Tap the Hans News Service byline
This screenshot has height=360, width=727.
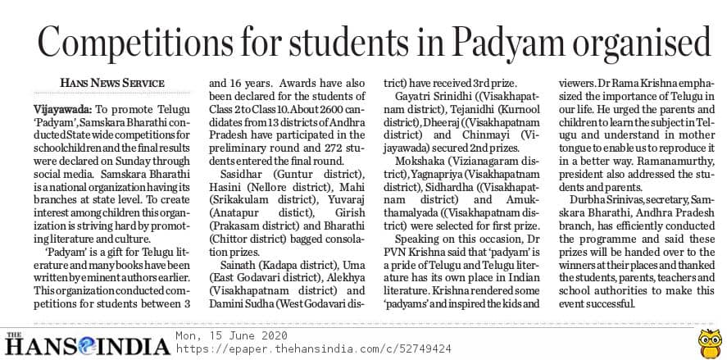(112, 84)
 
